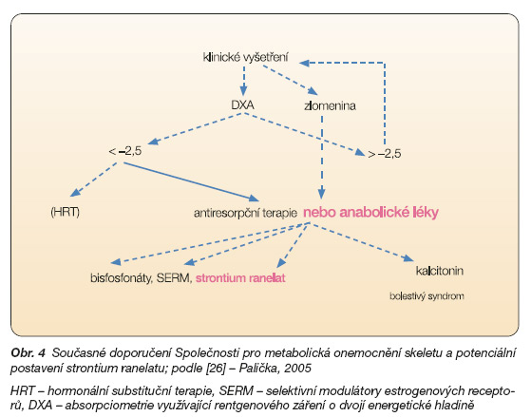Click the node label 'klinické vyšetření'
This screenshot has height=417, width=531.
point(245,57)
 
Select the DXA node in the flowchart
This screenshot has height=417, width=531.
point(242,105)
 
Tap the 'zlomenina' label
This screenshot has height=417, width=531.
point(330,106)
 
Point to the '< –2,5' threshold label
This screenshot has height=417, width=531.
point(125,151)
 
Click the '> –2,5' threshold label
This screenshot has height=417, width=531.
point(385,154)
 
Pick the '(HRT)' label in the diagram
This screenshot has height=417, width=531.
point(65,212)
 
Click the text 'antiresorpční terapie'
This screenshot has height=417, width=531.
point(245,213)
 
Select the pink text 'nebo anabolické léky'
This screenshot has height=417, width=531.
point(370,213)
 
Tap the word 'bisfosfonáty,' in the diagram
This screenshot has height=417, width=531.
point(121,278)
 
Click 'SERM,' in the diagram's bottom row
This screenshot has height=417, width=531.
point(175,278)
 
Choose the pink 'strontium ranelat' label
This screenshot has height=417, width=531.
point(240,278)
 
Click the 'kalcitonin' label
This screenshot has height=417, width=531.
point(440,271)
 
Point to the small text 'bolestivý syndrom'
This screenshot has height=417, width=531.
point(427,296)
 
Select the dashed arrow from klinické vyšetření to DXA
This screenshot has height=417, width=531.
point(243,81)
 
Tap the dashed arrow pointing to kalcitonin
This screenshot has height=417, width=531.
point(362,242)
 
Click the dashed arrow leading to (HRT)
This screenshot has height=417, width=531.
point(94,180)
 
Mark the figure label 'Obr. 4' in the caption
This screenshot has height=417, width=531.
point(28,353)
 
